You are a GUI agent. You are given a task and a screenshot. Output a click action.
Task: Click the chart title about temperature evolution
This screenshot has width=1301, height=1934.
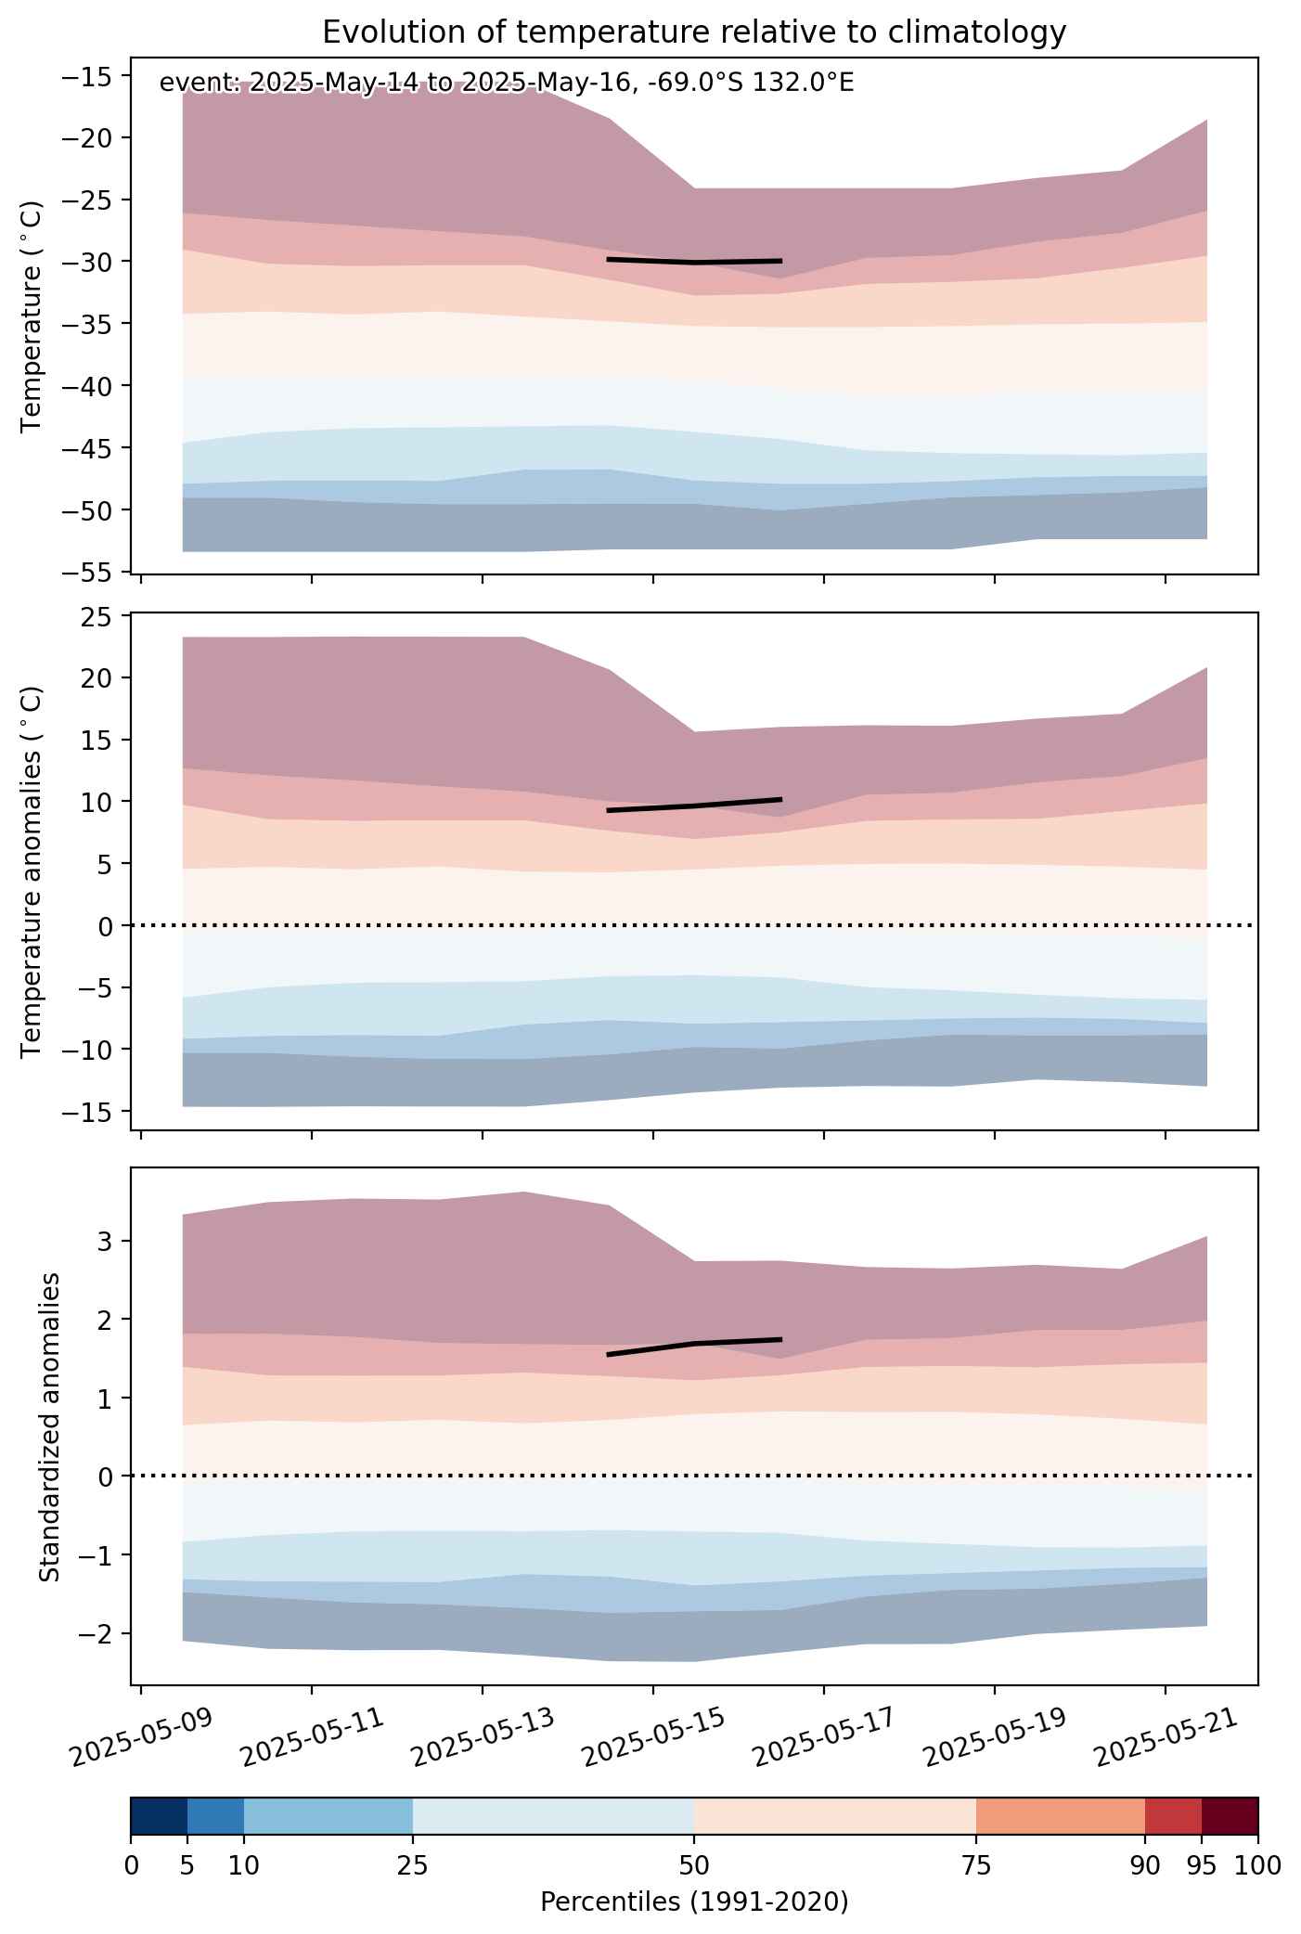(694, 32)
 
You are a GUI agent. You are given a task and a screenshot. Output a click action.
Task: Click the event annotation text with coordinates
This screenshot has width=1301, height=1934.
(507, 83)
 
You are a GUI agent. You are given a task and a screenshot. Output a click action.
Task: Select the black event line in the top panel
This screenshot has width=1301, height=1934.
(693, 261)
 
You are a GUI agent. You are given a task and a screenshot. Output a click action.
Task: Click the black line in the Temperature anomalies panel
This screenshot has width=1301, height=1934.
(693, 805)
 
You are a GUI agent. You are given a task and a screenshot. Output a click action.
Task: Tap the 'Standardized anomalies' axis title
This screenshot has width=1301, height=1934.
(50, 1426)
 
